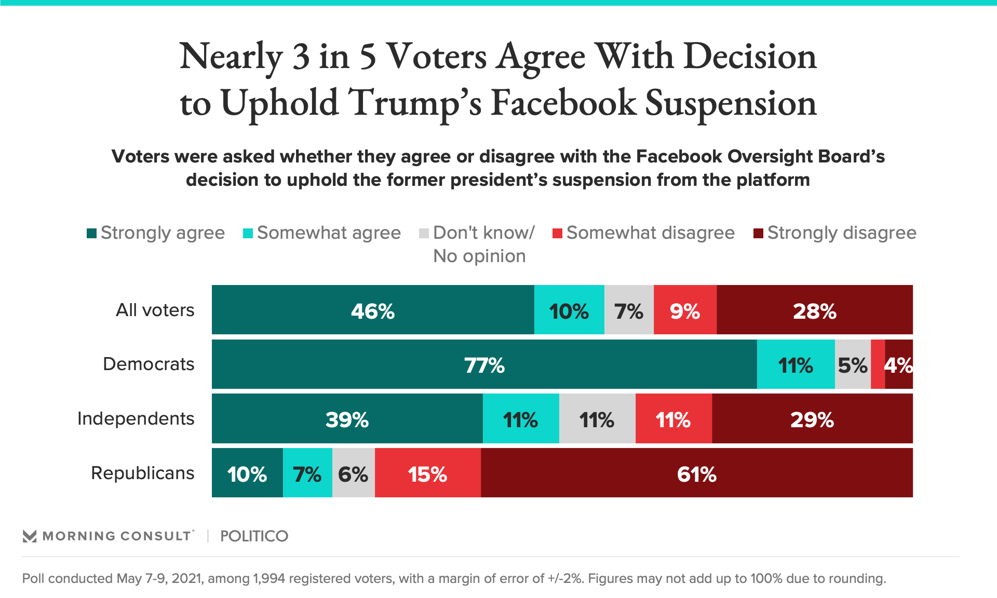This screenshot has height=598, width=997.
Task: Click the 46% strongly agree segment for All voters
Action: tap(373, 310)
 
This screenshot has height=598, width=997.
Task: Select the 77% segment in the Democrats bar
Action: tap(484, 364)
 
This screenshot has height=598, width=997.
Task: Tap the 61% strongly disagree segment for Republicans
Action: tap(696, 473)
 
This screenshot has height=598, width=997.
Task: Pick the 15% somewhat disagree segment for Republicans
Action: tap(427, 473)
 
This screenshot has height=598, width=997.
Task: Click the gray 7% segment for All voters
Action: tap(628, 310)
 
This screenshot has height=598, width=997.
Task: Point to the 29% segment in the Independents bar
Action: tap(812, 418)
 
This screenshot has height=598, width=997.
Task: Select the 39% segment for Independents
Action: tap(347, 418)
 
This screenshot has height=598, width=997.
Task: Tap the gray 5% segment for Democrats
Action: tap(852, 364)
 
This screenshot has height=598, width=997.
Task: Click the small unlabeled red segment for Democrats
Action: tap(878, 364)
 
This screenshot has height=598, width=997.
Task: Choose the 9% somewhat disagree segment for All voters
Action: tap(684, 310)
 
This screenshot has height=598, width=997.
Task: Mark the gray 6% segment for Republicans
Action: tap(353, 473)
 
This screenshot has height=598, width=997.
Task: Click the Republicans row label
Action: tap(142, 473)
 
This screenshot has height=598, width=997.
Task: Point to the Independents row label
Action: tap(136, 418)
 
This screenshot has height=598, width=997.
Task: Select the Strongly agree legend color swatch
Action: tap(92, 234)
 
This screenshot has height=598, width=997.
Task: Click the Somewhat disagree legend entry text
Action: tap(650, 233)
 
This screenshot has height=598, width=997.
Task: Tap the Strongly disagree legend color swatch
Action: tap(758, 234)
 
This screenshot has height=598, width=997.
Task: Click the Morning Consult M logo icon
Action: tap(30, 536)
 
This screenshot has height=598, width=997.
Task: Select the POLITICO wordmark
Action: tap(254, 536)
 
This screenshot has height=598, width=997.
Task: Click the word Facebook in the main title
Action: tap(563, 102)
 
